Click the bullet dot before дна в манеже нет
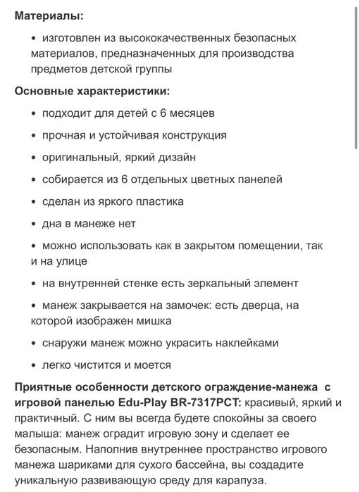click(x=33, y=224)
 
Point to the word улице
click(x=68, y=261)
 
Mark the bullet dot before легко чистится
click(x=33, y=365)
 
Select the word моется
click(x=151, y=365)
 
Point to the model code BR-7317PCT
click(x=204, y=402)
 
